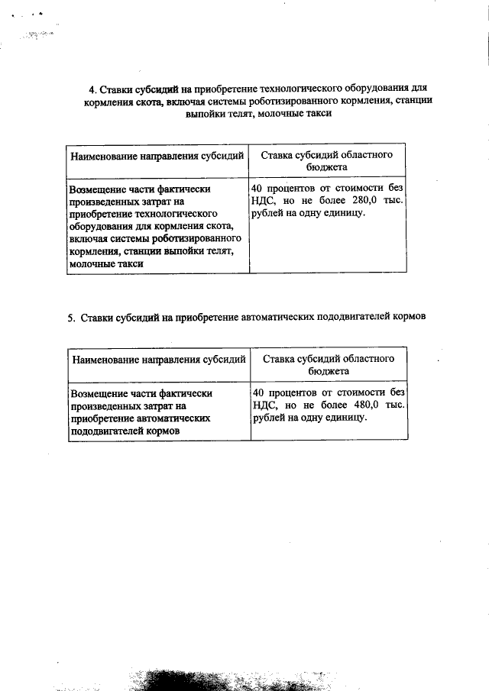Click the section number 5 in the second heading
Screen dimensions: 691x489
point(70,318)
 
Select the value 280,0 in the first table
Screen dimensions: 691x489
point(367,201)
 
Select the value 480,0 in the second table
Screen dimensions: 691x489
point(367,405)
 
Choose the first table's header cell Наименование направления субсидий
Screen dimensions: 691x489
point(157,156)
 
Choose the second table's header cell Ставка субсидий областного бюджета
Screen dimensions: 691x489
point(328,363)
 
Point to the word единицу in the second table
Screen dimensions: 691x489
point(347,418)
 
